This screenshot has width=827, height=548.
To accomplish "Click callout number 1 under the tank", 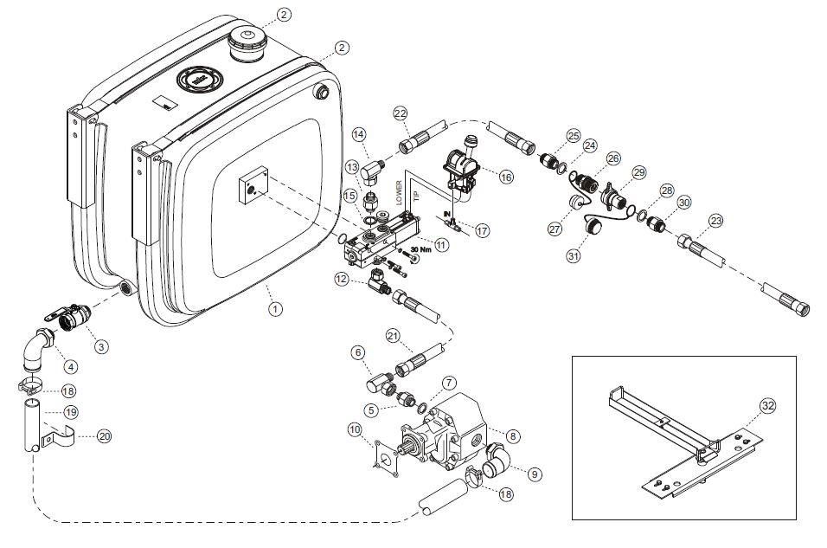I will pos(274,307).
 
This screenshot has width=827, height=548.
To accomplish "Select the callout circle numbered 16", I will pos(504,176).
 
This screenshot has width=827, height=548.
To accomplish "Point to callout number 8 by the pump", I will pos(514,437).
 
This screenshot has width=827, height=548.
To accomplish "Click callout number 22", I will pos(400,113).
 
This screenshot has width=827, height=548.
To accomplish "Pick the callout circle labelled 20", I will pos(104,437).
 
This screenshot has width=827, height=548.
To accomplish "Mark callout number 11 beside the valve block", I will pos(441,245).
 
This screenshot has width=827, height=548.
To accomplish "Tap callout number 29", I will pos(639,172).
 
